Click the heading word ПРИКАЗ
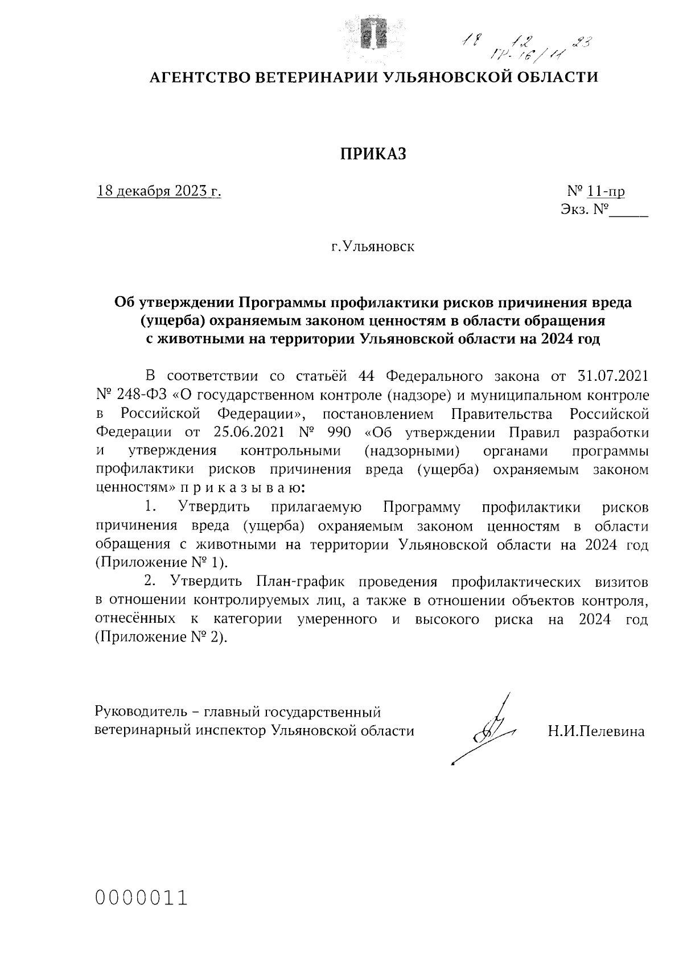click(373, 154)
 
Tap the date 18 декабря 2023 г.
click(159, 191)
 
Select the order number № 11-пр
click(596, 191)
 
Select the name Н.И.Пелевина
click(596, 731)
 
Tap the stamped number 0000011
click(142, 898)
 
